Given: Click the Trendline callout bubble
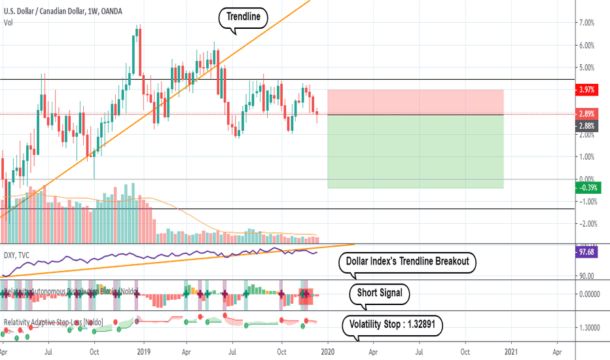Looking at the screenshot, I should click(243, 19).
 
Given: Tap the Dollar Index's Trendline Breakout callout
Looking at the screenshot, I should click(407, 262).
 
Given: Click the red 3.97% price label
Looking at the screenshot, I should click(586, 89).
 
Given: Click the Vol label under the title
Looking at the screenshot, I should click(9, 22).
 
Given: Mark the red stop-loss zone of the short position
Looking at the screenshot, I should click(415, 102).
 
